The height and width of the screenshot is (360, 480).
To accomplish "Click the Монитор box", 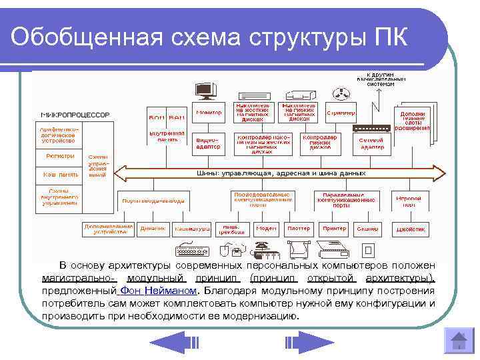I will pyautogui.click(x=209, y=112).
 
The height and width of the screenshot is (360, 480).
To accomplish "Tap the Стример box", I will pyautogui.click(x=341, y=113).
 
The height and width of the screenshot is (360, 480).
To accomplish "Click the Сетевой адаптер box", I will pyautogui.click(x=371, y=142).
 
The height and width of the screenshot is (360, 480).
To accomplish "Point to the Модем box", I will pyautogui.click(x=266, y=228).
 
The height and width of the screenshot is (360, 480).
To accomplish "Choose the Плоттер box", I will pyautogui.click(x=298, y=228).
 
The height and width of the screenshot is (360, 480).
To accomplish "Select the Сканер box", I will pyautogui.click(x=367, y=228).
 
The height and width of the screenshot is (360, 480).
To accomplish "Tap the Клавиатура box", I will pyautogui.click(x=191, y=229).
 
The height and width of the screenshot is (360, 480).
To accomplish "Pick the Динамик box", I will pyautogui.click(x=153, y=229).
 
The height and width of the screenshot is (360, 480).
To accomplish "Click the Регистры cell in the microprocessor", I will pyautogui.click(x=59, y=156).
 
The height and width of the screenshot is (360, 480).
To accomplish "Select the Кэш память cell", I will pyautogui.click(x=59, y=175).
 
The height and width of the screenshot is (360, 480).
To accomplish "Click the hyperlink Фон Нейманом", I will pyautogui.click(x=157, y=291).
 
